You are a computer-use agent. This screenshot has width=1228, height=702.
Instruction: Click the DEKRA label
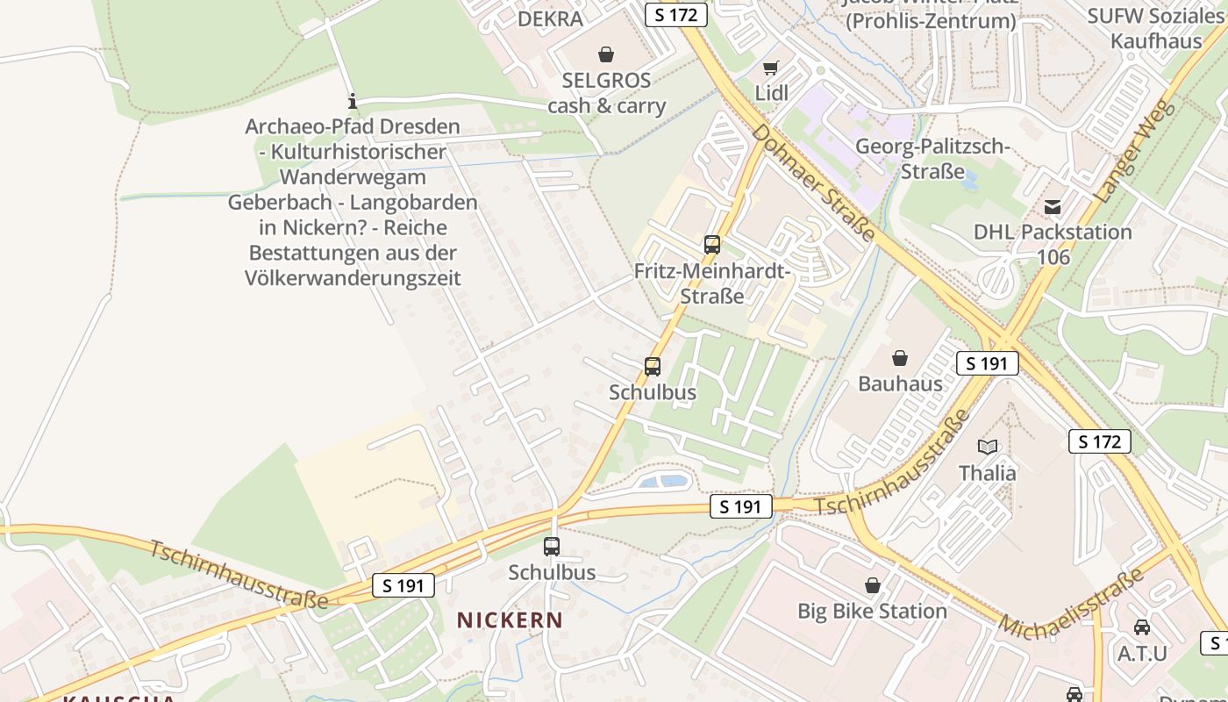[550, 19]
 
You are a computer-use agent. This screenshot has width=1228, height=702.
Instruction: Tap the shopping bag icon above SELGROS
[606, 54]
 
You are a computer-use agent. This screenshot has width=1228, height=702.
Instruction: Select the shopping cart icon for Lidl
[771, 68]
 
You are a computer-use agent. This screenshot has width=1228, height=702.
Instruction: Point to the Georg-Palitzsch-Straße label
[932, 159]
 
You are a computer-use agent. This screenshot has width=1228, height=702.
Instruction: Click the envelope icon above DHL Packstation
[1053, 207]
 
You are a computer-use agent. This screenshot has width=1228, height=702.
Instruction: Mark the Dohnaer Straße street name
[814, 183]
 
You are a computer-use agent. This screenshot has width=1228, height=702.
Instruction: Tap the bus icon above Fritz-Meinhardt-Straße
[712, 245]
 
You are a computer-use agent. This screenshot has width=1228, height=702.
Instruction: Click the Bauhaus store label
[900, 383]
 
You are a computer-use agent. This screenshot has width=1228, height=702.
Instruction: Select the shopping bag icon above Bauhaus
[900, 358]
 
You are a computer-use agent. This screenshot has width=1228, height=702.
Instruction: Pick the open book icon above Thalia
[988, 448]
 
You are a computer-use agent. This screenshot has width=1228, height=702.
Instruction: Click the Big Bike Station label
[872, 611]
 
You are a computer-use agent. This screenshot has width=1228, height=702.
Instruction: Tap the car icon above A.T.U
[1142, 627]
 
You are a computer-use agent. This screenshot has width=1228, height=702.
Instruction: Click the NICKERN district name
[510, 620]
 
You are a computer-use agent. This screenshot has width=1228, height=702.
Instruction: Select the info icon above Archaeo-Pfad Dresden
[353, 101]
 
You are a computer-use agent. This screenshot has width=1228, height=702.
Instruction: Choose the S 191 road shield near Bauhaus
[988, 363]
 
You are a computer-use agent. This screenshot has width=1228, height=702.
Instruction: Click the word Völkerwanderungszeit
[353, 278]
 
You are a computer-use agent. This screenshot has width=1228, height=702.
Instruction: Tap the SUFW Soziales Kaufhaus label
[1156, 28]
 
